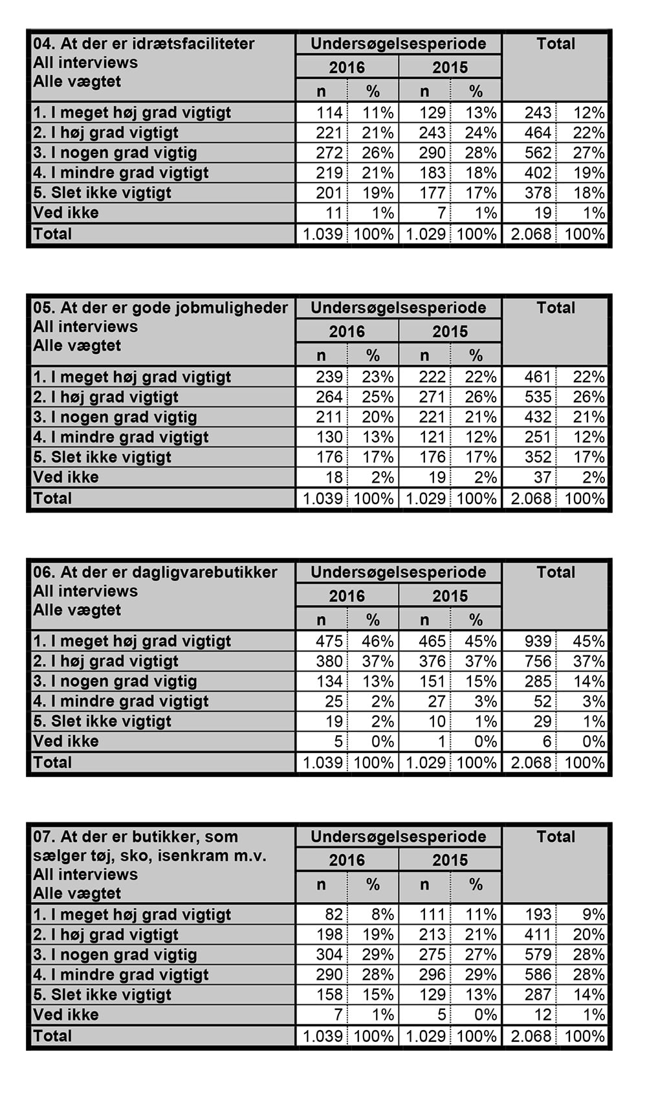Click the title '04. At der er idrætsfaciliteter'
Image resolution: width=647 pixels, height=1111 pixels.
pos(144,44)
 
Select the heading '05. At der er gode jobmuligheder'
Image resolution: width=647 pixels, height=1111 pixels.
pos(160,308)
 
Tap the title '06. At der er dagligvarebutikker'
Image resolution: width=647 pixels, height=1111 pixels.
pos(155,573)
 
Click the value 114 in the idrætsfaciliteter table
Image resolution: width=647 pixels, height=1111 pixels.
pos(329,113)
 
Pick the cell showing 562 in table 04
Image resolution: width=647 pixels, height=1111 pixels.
pos(538,153)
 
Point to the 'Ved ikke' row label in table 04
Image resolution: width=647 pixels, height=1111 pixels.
pos(66,213)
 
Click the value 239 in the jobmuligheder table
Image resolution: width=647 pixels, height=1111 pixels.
pos(329,377)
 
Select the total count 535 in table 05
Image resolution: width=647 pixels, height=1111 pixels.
pos(538,397)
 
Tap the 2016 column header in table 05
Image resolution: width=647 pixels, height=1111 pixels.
pos(347,332)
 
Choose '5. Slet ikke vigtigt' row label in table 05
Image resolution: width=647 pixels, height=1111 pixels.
pos(102,457)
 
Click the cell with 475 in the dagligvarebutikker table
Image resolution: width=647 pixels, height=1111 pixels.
pos(329,641)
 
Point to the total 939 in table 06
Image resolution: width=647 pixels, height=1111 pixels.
pos(538,641)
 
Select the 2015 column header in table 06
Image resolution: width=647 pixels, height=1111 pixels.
pos(450,596)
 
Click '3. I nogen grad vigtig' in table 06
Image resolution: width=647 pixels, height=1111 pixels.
pos(115,681)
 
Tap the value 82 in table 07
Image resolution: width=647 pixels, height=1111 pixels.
pos(334,915)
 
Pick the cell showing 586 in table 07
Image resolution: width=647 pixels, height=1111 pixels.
pos(538,975)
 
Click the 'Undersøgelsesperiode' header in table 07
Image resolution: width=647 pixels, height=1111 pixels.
pos(398,837)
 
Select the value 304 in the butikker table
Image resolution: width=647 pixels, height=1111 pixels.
pos(329,955)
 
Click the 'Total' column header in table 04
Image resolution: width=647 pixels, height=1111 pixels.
pos(556,44)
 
